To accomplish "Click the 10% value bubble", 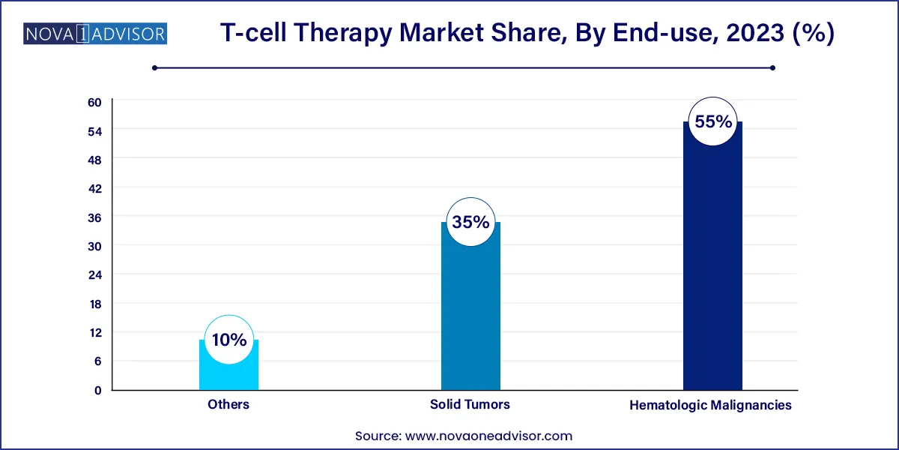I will [229, 340].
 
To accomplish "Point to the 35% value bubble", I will [470, 222].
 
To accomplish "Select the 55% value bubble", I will [712, 121].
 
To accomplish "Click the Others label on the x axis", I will [228, 404].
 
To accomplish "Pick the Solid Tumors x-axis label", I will [470, 404].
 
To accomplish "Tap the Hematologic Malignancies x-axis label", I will [711, 405].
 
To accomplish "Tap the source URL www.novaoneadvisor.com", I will [489, 435].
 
